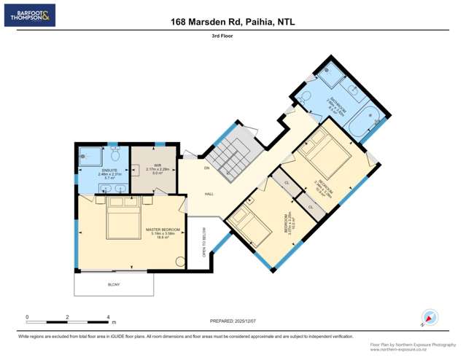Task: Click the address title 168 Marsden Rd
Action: point(233,22)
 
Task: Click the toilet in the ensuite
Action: point(114,154)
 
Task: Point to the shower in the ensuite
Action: point(90,155)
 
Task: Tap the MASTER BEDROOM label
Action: point(163,230)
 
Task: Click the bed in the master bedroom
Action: point(123,217)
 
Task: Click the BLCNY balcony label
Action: point(114,283)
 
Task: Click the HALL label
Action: point(209,194)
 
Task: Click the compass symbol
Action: point(430,318)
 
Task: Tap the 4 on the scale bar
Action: point(108,317)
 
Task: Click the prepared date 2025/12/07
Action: point(233,320)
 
